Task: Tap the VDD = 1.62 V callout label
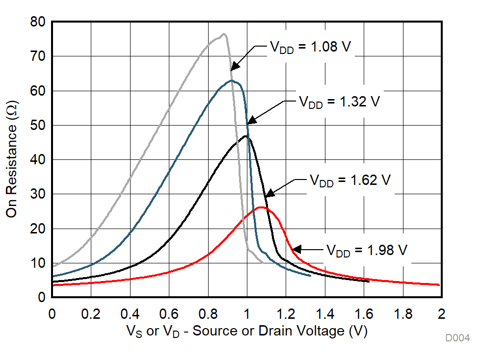coord(349,180)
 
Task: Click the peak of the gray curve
coord(224,34)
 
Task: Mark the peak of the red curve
coord(261,207)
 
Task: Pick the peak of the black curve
coord(245,136)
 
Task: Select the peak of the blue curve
coord(231,80)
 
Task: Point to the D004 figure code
coord(457,338)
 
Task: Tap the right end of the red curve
coord(439,285)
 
